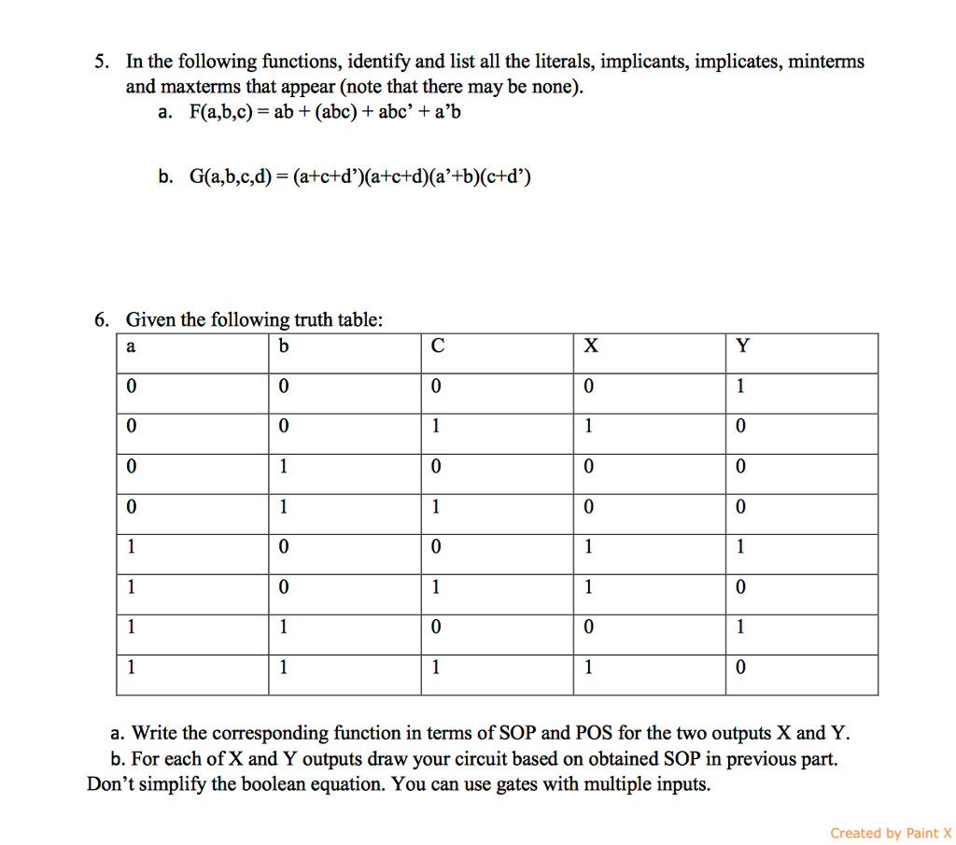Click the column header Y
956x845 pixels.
point(742,346)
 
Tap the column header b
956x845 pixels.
point(284,346)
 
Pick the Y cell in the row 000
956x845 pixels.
point(741,387)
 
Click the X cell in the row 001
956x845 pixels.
point(589,427)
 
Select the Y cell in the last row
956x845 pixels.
point(741,669)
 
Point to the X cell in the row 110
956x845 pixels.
point(589,628)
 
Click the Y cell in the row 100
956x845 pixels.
point(741,548)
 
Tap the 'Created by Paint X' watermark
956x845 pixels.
point(890,833)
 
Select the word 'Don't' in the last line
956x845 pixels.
point(109,784)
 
